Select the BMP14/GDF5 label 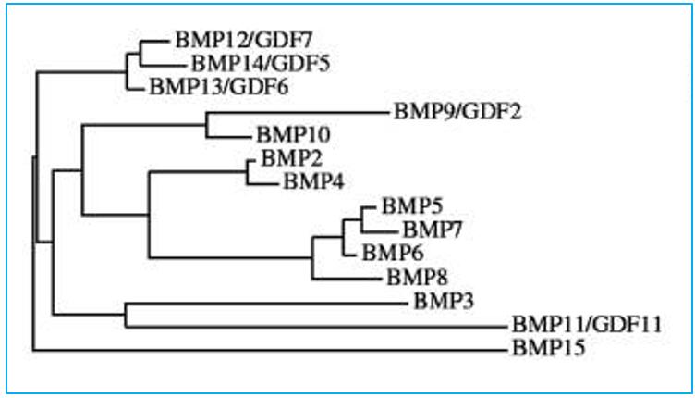(x=248, y=64)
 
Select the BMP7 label (x=429, y=229)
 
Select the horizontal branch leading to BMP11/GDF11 (x=314, y=326)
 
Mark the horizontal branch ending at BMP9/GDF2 (x=296, y=114)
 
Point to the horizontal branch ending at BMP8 (x=347, y=278)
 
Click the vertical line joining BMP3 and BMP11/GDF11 (x=125, y=314)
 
